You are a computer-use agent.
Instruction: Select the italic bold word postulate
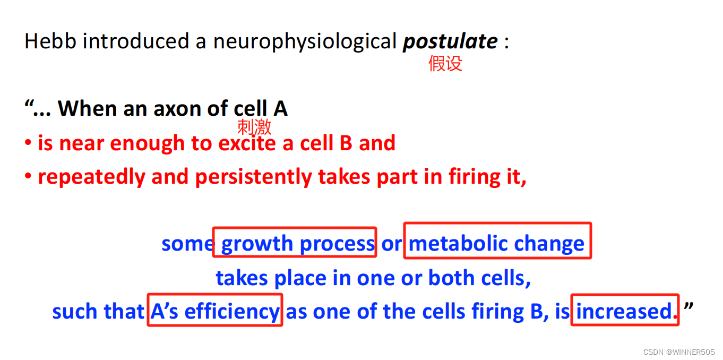(450, 41)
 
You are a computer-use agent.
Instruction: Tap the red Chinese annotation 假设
(445, 64)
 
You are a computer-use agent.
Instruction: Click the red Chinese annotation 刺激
(254, 127)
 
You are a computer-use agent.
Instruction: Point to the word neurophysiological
(305, 41)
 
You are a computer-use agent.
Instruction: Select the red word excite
(247, 143)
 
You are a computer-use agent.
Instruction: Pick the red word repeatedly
(91, 177)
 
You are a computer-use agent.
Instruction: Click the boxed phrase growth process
(295, 243)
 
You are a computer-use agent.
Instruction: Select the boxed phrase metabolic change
(497, 243)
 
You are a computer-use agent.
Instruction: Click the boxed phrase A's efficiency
(214, 311)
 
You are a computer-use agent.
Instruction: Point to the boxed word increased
(624, 311)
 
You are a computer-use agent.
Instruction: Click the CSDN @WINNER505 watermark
(678, 352)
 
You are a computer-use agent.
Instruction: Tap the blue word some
(187, 244)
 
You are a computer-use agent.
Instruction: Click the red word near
(78, 143)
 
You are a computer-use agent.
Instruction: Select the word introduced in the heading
(138, 41)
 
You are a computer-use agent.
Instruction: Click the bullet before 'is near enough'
(28, 144)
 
